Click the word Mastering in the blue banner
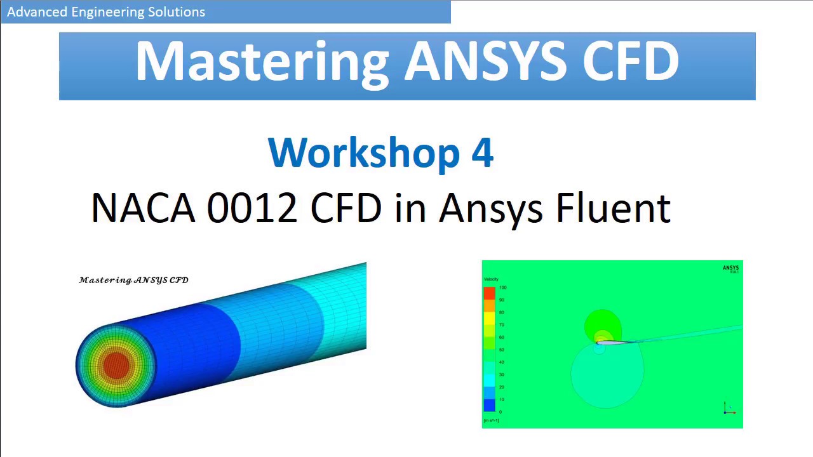coord(262,62)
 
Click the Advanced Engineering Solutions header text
coord(106,12)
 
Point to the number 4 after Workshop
coord(482,152)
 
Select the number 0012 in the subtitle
coord(252,208)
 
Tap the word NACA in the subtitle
coord(143,208)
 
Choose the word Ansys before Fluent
coord(490,208)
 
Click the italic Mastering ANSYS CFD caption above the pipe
coord(134,280)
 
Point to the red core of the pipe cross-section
coord(116,364)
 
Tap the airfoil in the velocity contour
coord(613,343)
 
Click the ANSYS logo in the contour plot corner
coord(730,268)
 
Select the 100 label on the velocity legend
coord(502,288)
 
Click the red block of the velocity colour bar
coord(489,293)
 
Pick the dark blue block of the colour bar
coord(489,406)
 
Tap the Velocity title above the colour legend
coord(491,279)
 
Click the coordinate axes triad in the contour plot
coord(729,409)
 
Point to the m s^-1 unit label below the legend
coord(491,420)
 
